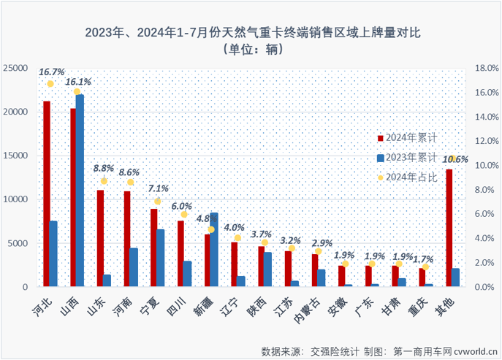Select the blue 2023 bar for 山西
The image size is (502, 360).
(x=80, y=191)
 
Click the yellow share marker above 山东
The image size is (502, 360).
(x=104, y=181)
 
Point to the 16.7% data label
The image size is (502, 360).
(x=52, y=72)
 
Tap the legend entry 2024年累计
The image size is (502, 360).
(x=412, y=137)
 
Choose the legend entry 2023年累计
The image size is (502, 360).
(x=412, y=157)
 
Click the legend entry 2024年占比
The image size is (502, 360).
(x=412, y=177)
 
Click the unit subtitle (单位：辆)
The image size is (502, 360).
(x=251, y=50)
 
